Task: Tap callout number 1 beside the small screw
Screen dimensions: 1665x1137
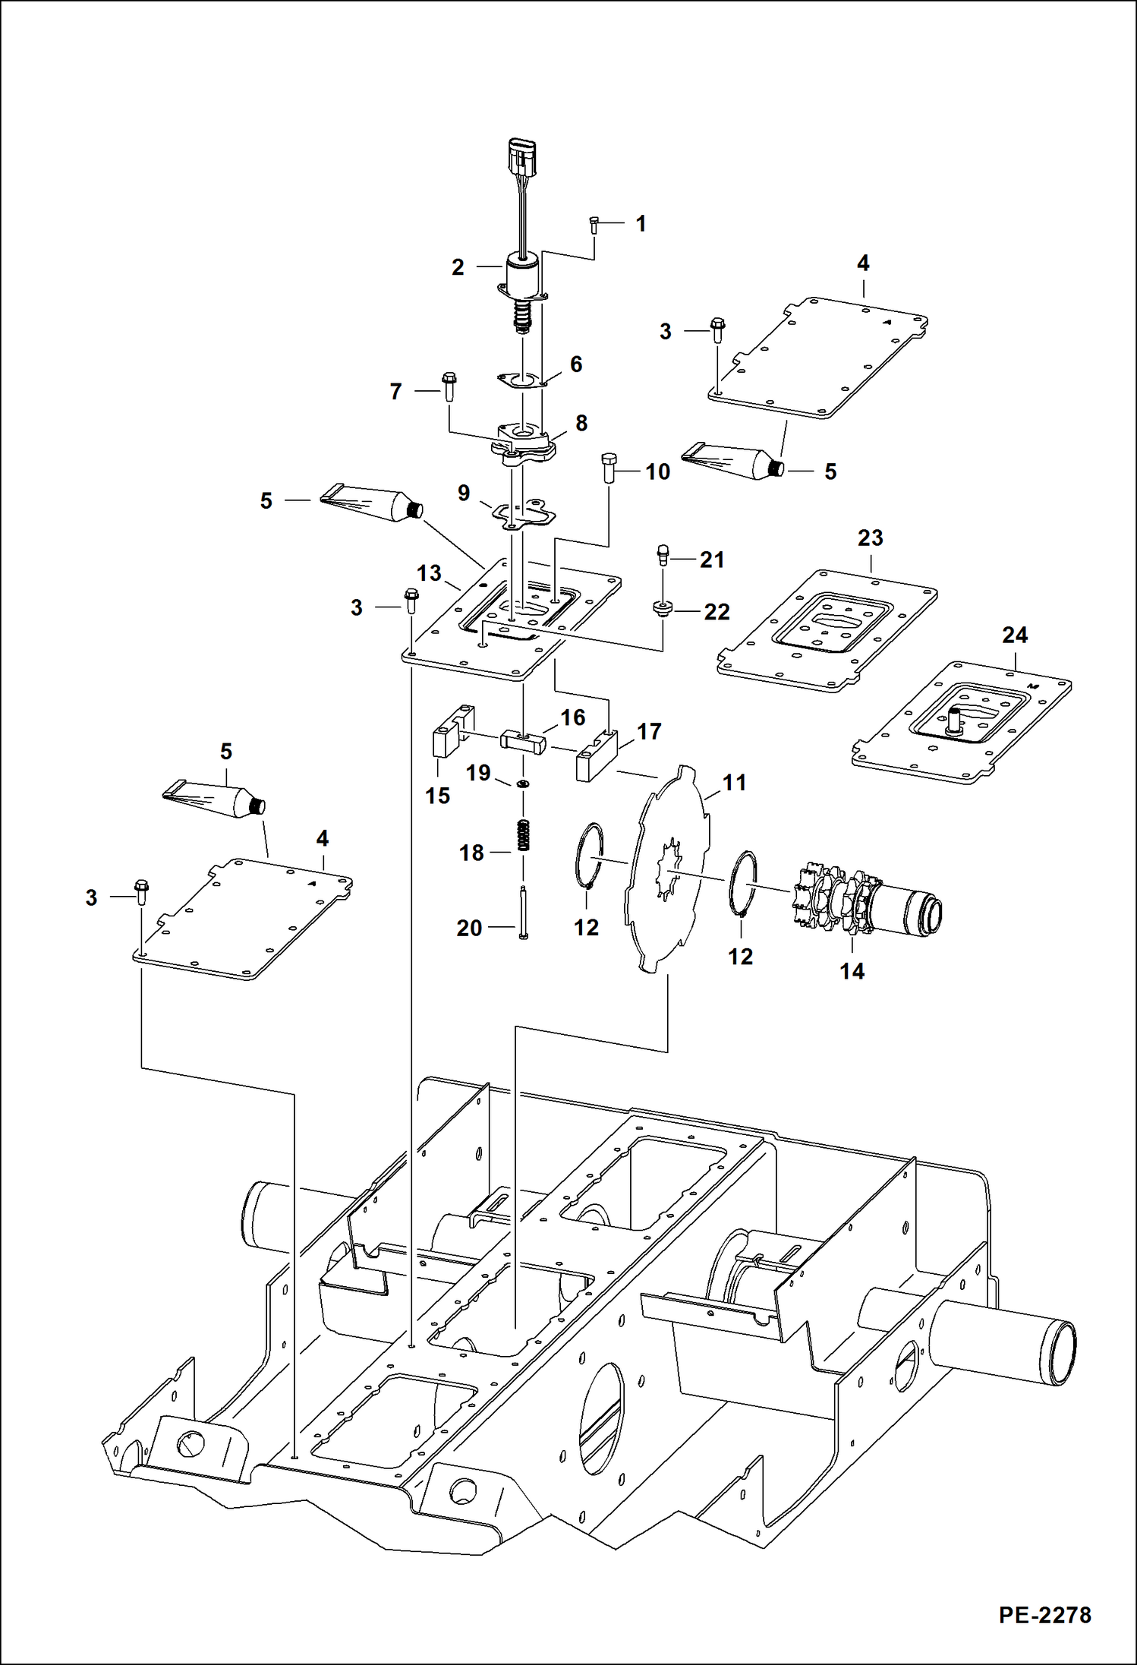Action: pyautogui.click(x=641, y=223)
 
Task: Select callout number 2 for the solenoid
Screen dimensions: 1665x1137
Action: pyautogui.click(x=458, y=267)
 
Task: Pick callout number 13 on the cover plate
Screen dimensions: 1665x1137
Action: pyautogui.click(x=429, y=572)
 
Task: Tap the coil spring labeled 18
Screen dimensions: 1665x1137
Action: pyautogui.click(x=523, y=836)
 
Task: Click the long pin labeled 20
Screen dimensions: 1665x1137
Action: pyautogui.click(x=523, y=914)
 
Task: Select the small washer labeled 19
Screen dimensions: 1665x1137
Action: pyautogui.click(x=523, y=784)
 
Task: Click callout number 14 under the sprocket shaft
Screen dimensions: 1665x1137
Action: pyautogui.click(x=852, y=971)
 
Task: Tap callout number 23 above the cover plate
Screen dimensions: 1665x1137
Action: pyautogui.click(x=870, y=538)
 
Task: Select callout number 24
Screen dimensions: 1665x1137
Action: pyautogui.click(x=1015, y=635)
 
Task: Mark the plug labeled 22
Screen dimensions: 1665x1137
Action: pyautogui.click(x=663, y=609)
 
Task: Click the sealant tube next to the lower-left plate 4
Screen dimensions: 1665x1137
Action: pyautogui.click(x=217, y=800)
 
